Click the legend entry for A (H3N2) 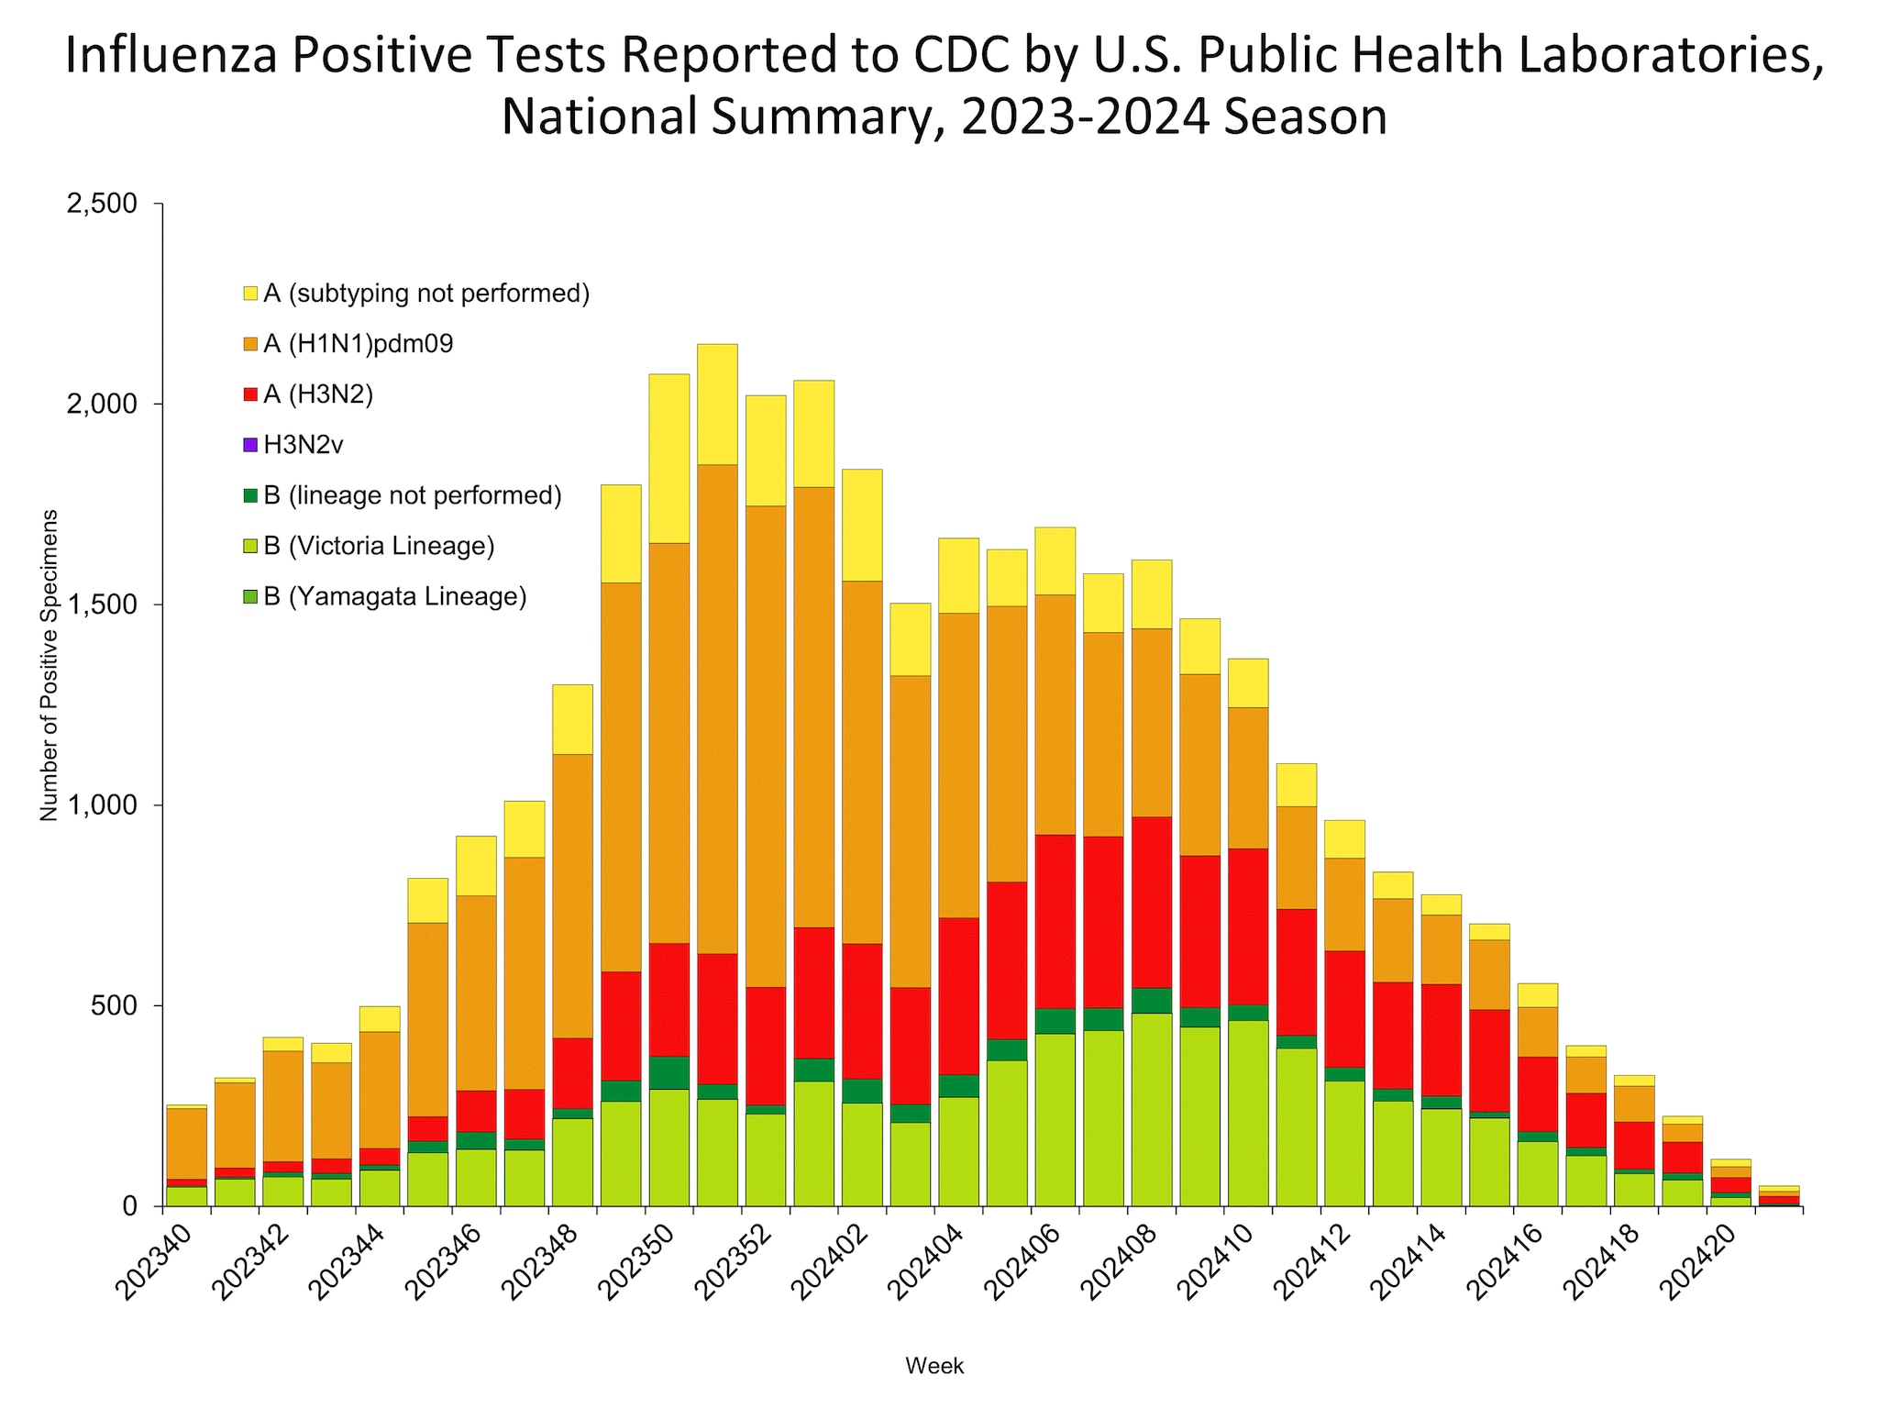[x=317, y=394]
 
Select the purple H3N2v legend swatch [x=250, y=445]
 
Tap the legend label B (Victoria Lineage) [x=379, y=546]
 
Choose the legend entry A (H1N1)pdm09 [x=358, y=344]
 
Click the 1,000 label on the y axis [x=108, y=805]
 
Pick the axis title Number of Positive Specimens [x=49, y=665]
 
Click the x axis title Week [x=934, y=1366]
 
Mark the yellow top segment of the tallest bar [x=717, y=404]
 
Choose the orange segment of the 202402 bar [x=862, y=761]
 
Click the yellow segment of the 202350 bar [x=669, y=459]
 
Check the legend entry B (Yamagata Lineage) [x=394, y=596]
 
